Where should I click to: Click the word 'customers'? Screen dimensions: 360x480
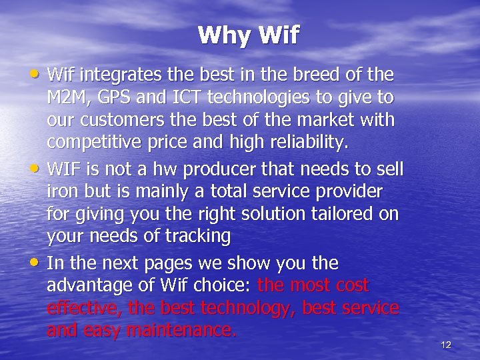point(129,121)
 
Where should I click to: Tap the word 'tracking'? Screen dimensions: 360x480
point(199,237)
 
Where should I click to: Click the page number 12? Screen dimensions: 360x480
point(446,345)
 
